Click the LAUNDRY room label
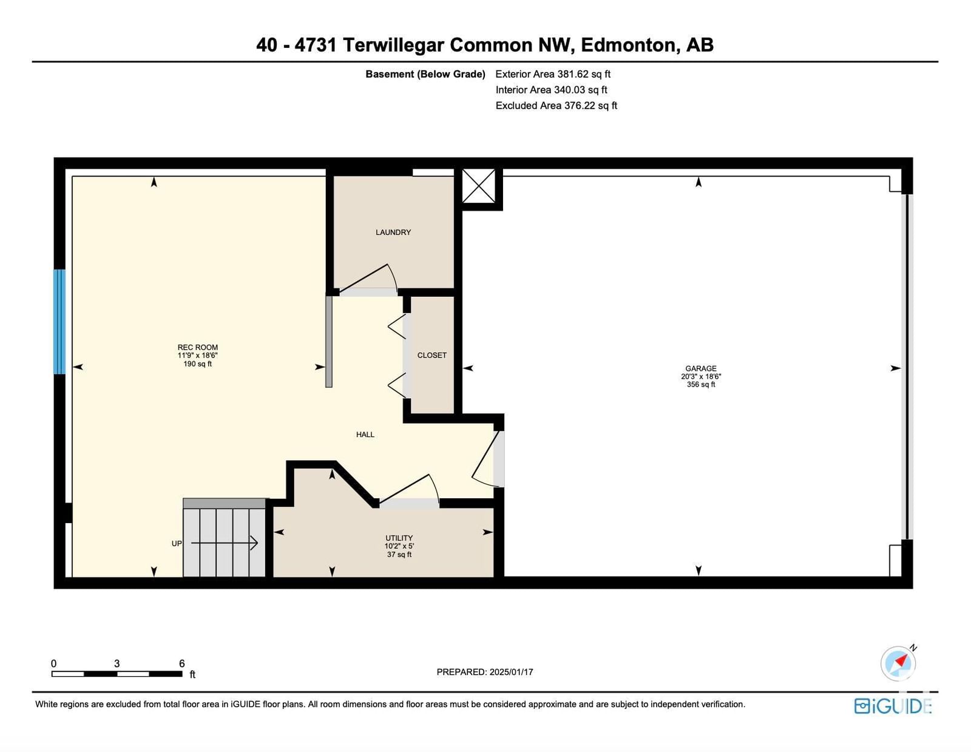393,232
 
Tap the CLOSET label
431,355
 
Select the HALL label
365,435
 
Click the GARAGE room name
701,368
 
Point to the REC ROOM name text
197,347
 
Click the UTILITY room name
399,538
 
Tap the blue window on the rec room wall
59,322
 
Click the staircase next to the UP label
225,538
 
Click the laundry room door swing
368,279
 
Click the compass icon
898,663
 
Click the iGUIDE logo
893,706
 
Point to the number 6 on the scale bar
182,663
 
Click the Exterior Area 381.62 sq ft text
553,74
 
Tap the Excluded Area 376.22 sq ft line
557,106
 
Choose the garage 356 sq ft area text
701,384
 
